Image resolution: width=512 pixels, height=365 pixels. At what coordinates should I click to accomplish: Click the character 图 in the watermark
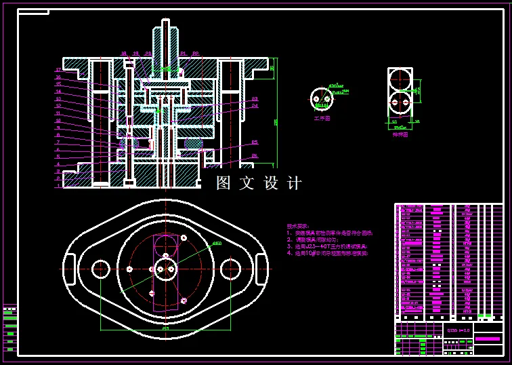(x=224, y=183)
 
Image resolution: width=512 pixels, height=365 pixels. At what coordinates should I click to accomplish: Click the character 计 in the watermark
(x=294, y=183)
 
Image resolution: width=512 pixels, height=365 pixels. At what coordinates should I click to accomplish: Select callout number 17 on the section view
(x=58, y=70)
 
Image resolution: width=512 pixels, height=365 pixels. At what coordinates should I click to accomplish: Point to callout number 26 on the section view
(x=255, y=156)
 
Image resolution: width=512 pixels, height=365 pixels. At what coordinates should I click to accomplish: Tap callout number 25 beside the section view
(x=255, y=142)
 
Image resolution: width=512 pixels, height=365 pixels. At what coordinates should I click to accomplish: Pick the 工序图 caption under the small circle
(x=322, y=118)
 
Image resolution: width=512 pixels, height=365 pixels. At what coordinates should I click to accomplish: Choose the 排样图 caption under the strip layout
(x=400, y=134)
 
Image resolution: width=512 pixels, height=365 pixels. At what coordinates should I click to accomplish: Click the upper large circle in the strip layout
(x=400, y=78)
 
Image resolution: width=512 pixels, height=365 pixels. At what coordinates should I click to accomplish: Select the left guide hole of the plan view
(x=101, y=268)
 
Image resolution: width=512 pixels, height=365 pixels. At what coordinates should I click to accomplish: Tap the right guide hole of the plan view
(x=232, y=268)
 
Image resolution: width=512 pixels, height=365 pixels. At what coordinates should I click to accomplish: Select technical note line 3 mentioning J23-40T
(x=325, y=246)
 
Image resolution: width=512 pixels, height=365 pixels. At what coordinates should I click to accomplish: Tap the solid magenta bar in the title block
(x=488, y=337)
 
